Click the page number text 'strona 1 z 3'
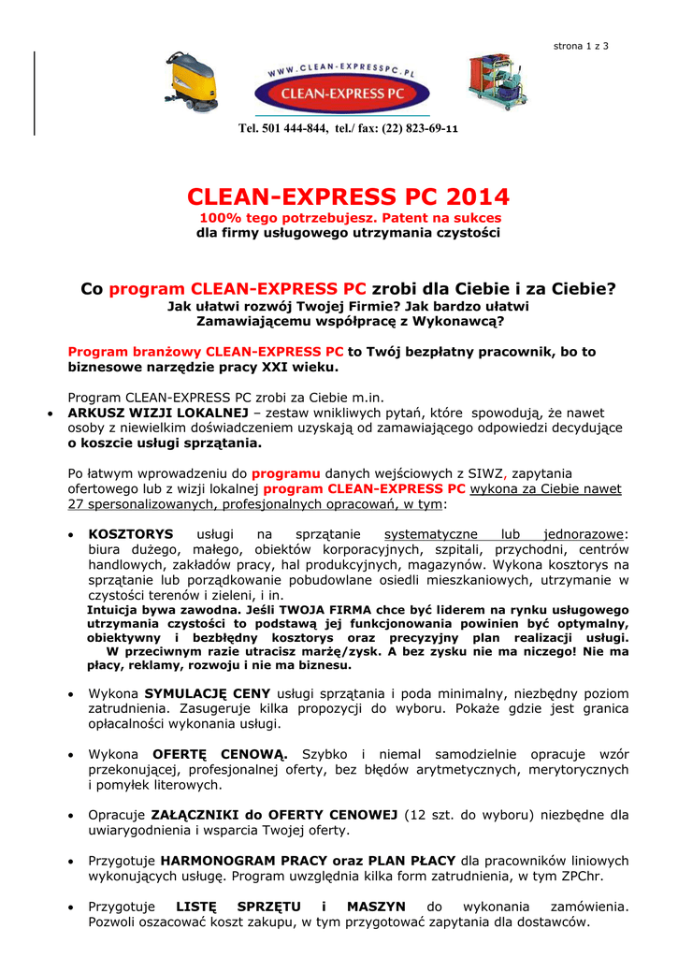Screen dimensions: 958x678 (x=581, y=46)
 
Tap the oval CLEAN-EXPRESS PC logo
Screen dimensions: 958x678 (x=342, y=90)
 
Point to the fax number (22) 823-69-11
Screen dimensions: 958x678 (x=418, y=128)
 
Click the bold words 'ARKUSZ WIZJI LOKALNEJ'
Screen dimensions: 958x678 (x=157, y=412)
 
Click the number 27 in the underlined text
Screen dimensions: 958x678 (x=76, y=503)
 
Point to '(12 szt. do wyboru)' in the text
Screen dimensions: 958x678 (x=456, y=815)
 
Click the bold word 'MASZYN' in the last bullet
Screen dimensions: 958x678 (x=376, y=907)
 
